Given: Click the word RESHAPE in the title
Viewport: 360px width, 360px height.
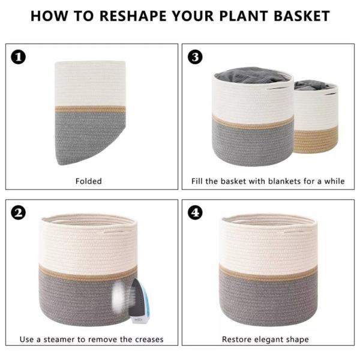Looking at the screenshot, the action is click(x=133, y=16).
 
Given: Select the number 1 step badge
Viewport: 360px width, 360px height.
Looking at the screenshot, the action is click(x=19, y=57).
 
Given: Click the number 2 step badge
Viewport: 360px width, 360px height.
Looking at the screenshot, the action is click(x=19, y=212).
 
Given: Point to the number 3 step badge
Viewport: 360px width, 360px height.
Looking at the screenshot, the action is click(x=195, y=57).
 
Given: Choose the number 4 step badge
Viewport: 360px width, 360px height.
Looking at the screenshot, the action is click(x=195, y=212).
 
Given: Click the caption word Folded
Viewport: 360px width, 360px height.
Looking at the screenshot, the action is click(x=89, y=181).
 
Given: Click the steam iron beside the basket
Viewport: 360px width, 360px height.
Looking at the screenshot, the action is click(x=138, y=301).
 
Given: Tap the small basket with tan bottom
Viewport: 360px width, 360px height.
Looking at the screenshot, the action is click(x=316, y=117).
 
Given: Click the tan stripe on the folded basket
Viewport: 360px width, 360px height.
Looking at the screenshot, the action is click(x=90, y=109).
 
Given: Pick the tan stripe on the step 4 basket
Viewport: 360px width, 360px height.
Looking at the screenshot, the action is click(x=268, y=272).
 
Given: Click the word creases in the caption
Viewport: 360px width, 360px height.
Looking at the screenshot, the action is click(x=149, y=340).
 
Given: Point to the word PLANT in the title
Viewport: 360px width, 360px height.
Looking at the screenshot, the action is click(x=244, y=16).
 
